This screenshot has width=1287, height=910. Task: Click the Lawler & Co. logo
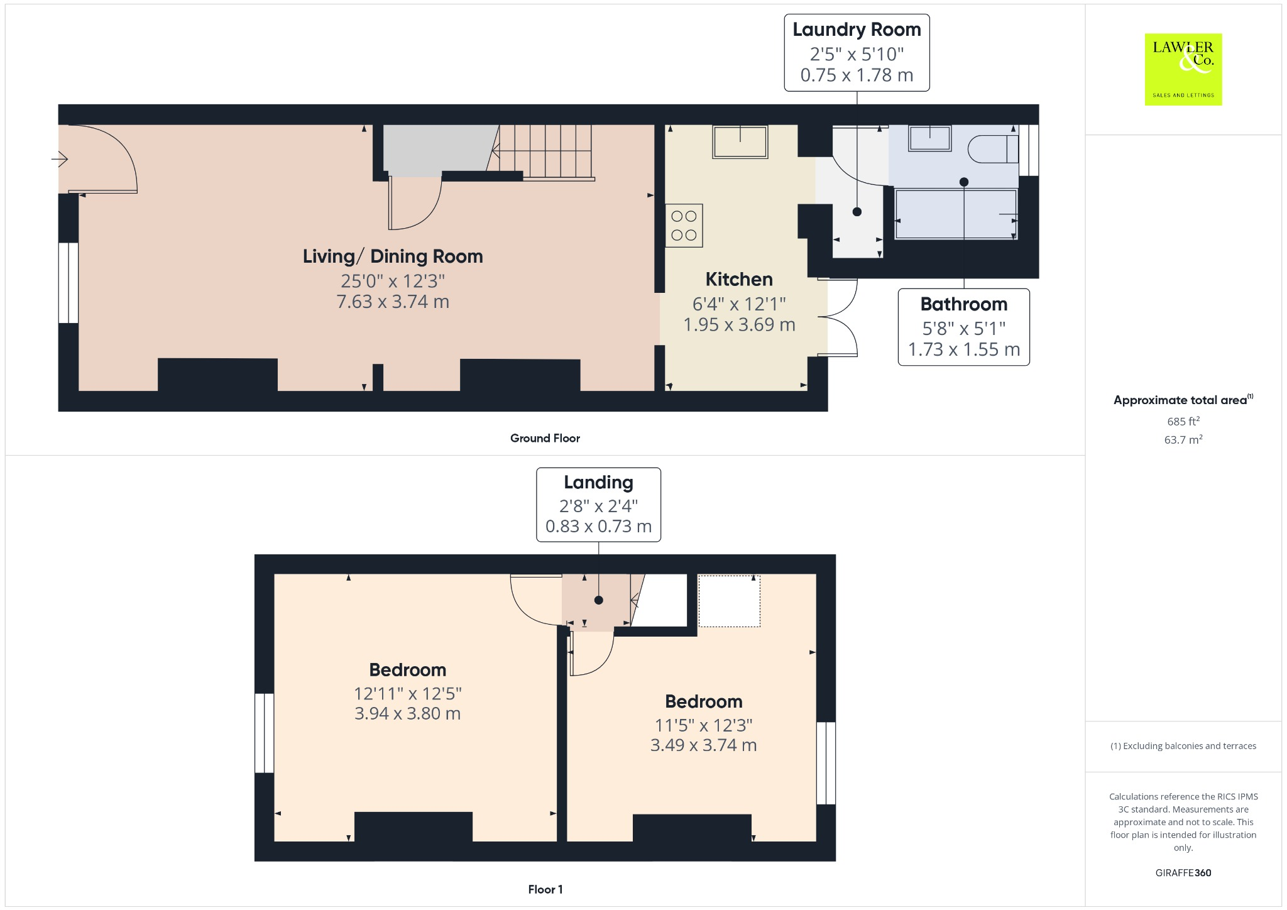1183,69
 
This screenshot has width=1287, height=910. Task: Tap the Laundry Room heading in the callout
857,30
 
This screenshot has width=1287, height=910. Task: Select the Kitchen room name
739,279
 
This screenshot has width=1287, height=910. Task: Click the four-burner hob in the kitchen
684,226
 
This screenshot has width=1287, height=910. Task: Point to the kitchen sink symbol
740,142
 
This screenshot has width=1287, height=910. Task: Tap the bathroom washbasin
930,138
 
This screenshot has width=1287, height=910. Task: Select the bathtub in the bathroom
955,214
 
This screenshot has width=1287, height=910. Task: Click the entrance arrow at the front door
59,160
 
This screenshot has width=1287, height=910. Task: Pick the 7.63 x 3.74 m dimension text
393,302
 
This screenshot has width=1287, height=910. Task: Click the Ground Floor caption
545,438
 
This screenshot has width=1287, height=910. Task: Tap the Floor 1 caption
545,889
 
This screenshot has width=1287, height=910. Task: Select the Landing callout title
598,482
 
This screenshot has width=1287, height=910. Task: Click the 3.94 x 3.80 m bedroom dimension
407,714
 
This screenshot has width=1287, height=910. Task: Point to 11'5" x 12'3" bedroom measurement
703,725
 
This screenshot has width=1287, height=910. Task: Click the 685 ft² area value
1183,421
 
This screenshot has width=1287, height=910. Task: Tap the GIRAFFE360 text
1183,872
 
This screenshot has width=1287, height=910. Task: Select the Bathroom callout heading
963,304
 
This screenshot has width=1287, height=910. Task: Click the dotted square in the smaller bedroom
729,601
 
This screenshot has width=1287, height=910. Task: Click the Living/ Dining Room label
393,256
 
